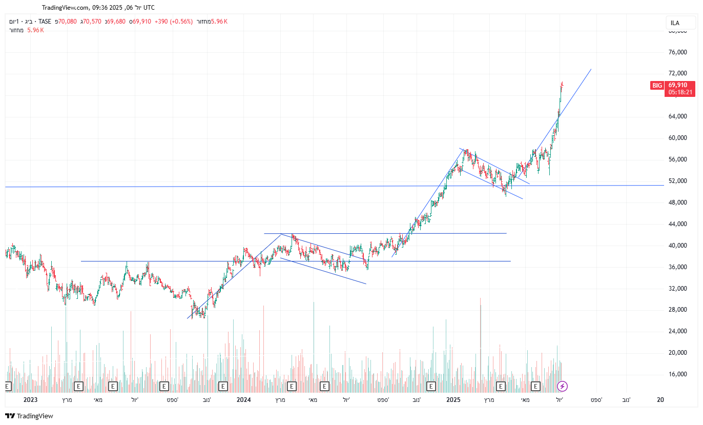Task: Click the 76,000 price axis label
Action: click(x=677, y=52)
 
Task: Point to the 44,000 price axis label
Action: click(x=677, y=224)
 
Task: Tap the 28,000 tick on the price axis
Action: click(x=677, y=310)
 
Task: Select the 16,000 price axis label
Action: click(x=677, y=374)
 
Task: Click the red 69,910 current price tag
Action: click(x=678, y=85)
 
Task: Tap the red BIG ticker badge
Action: click(x=657, y=86)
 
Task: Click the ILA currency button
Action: click(x=675, y=23)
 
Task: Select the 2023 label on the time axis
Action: click(x=31, y=400)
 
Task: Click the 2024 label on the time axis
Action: click(x=244, y=400)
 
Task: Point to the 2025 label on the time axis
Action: click(x=453, y=400)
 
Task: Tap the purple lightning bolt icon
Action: click(x=563, y=386)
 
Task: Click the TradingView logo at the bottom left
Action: click(x=29, y=416)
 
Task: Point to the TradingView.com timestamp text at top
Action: click(x=98, y=8)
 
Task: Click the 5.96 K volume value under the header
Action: click(x=35, y=30)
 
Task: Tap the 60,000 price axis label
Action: click(x=677, y=138)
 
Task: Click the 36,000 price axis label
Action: click(x=677, y=267)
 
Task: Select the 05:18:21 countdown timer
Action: click(x=680, y=93)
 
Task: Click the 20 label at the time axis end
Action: click(x=660, y=400)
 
